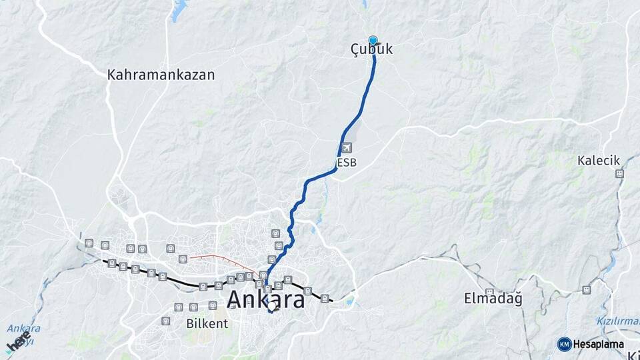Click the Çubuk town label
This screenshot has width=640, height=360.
[x=372, y=50]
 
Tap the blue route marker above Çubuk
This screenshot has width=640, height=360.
[x=373, y=40]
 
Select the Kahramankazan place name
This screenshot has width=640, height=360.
[x=161, y=75]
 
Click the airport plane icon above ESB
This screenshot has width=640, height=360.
[x=346, y=147]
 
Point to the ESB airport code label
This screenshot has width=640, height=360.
[x=346, y=162]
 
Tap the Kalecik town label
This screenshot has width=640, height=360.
[x=599, y=161]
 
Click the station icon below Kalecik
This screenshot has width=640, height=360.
[x=619, y=174]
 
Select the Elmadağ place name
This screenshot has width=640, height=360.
[x=493, y=299]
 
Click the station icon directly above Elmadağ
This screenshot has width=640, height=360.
[x=490, y=291]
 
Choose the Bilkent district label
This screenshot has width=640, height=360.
[x=208, y=323]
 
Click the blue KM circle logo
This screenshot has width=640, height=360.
[x=564, y=344]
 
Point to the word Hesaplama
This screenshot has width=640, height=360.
[x=598, y=345]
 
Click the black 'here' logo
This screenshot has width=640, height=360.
[x=18, y=342]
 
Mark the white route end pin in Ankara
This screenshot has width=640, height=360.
[x=271, y=309]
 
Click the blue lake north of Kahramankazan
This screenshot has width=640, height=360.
[x=179, y=10]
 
